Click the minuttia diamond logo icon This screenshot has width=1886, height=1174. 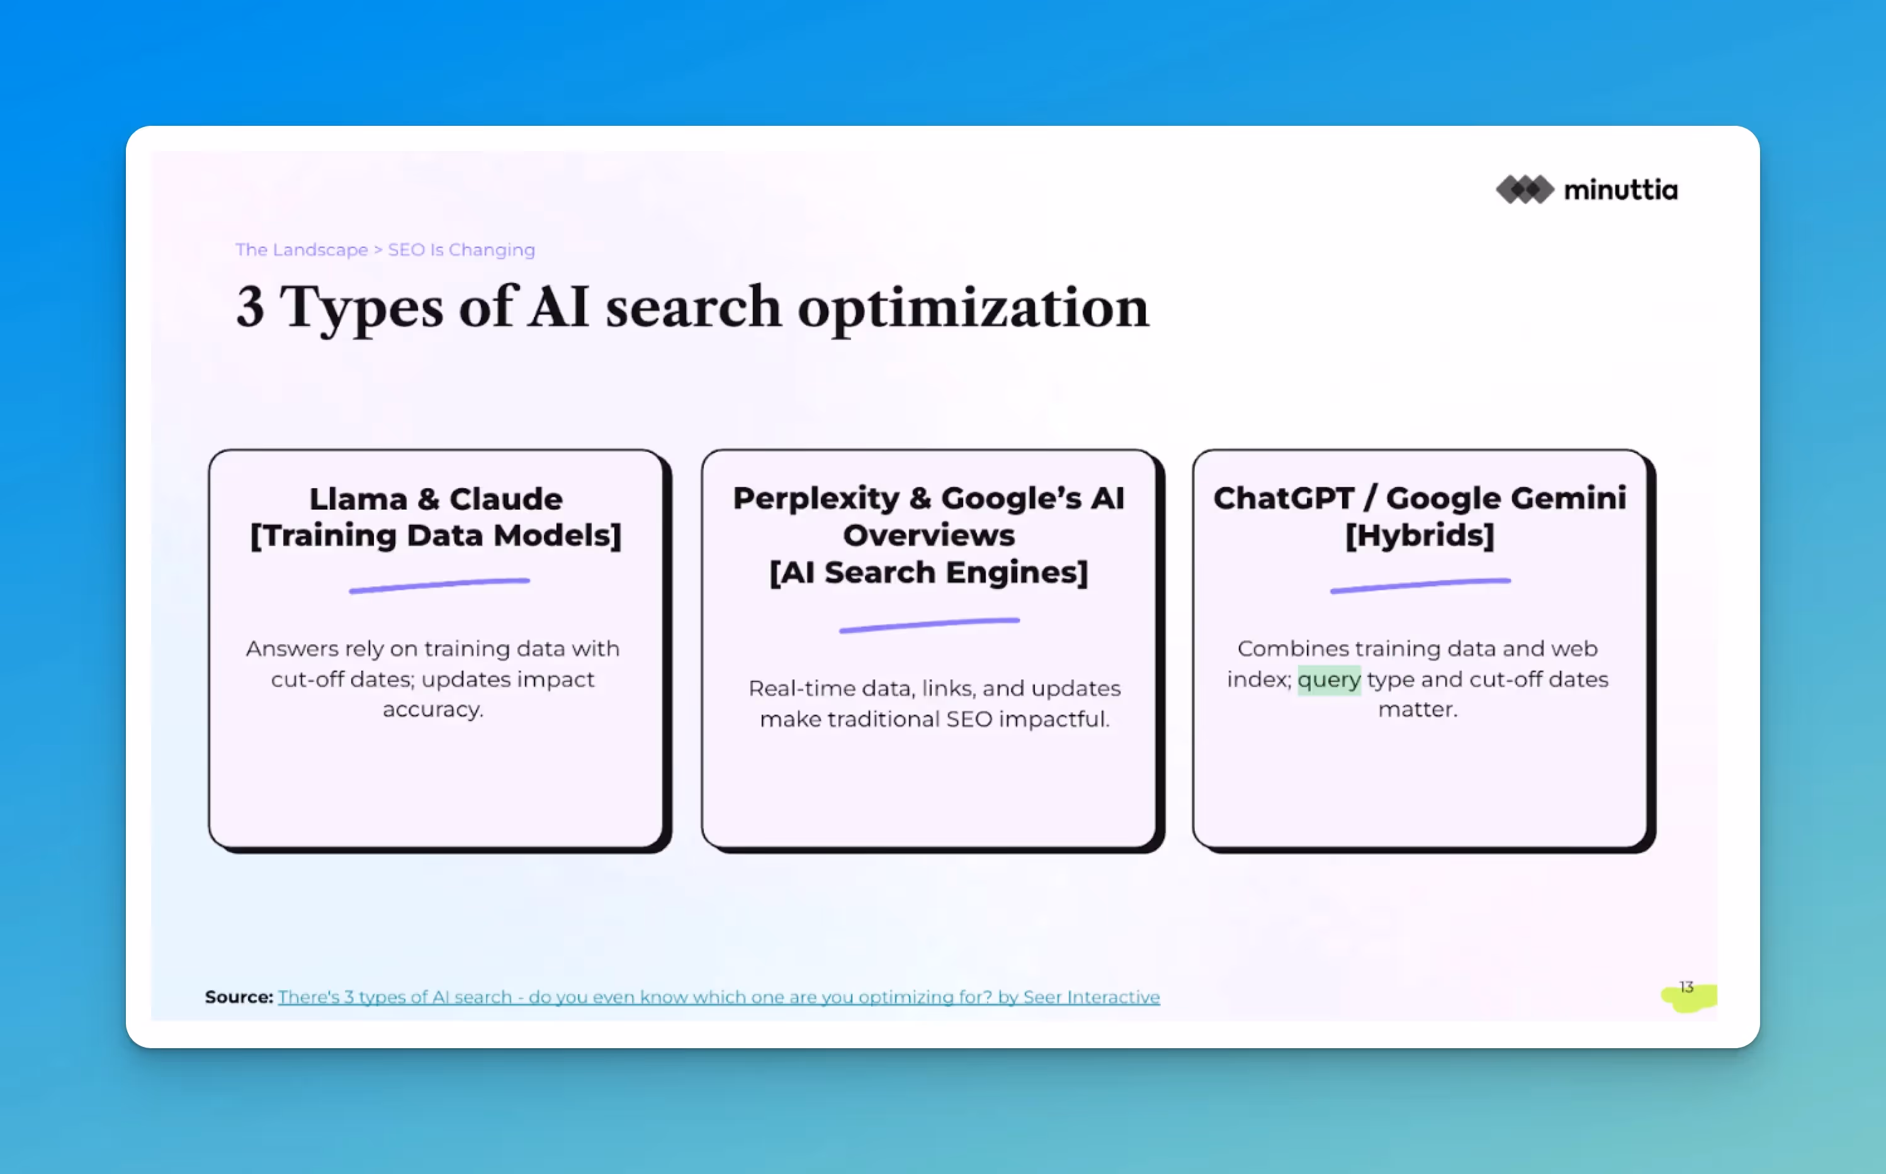(x=1524, y=189)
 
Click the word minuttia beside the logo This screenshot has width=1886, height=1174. (x=1620, y=189)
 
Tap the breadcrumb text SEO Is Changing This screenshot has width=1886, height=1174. (x=461, y=250)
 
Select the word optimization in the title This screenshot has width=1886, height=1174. (x=973, y=308)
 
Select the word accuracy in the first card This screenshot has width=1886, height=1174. (x=432, y=710)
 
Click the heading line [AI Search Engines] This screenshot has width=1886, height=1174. (x=929, y=573)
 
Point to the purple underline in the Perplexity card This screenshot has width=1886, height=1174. (x=929, y=625)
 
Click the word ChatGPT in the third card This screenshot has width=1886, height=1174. (x=1283, y=498)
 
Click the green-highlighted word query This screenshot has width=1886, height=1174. (x=1328, y=679)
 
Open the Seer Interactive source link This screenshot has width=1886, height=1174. (x=718, y=997)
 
